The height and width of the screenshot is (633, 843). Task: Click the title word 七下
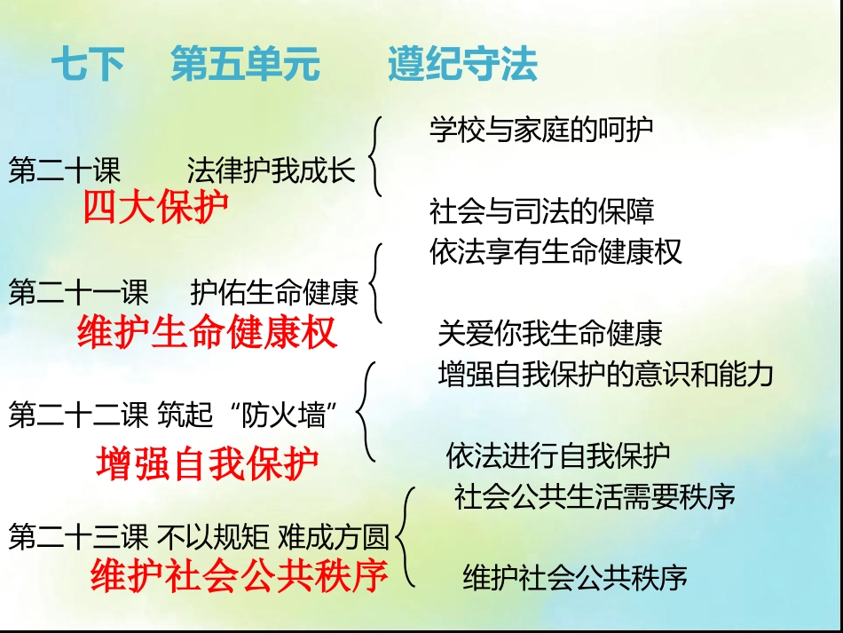click(x=87, y=66)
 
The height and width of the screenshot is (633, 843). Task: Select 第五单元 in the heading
click(x=245, y=66)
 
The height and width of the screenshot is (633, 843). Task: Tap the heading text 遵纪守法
click(x=462, y=66)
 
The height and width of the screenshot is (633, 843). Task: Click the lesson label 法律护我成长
click(x=271, y=170)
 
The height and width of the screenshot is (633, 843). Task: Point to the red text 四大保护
click(x=155, y=209)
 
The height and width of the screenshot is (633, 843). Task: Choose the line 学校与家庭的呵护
click(x=541, y=130)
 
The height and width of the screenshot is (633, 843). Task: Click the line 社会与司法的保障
click(x=541, y=212)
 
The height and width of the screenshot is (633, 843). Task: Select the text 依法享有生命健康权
click(x=555, y=252)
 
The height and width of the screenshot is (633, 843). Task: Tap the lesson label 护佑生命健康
click(x=274, y=293)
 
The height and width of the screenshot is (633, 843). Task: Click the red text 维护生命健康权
click(x=208, y=333)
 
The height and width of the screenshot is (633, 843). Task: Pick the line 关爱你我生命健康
click(x=550, y=334)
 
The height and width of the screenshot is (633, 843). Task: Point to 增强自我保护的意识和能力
click(x=606, y=374)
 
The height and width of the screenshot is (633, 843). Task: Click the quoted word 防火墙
click(x=286, y=415)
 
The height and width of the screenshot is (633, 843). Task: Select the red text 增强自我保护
click(x=208, y=463)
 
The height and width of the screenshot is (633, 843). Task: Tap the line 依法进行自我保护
click(x=558, y=456)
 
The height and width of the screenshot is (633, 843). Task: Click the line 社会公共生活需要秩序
click(x=595, y=495)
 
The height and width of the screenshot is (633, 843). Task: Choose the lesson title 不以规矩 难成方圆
click(x=272, y=537)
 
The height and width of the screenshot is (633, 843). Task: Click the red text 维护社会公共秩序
click(x=240, y=576)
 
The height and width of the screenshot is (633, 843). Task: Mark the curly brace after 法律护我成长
click(x=376, y=156)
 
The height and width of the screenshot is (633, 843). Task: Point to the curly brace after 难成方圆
click(x=406, y=536)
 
